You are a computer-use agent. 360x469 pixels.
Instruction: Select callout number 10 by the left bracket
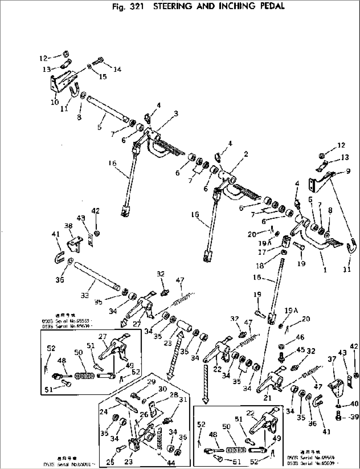54,102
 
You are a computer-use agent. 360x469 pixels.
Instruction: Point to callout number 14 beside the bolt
117,69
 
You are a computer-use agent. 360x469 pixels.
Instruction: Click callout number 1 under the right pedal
325,270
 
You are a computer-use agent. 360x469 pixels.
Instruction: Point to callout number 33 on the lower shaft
85,296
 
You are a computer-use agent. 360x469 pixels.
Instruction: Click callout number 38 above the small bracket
68,226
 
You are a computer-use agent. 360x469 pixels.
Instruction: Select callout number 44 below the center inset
171,463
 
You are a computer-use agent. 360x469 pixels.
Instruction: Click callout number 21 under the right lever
267,398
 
